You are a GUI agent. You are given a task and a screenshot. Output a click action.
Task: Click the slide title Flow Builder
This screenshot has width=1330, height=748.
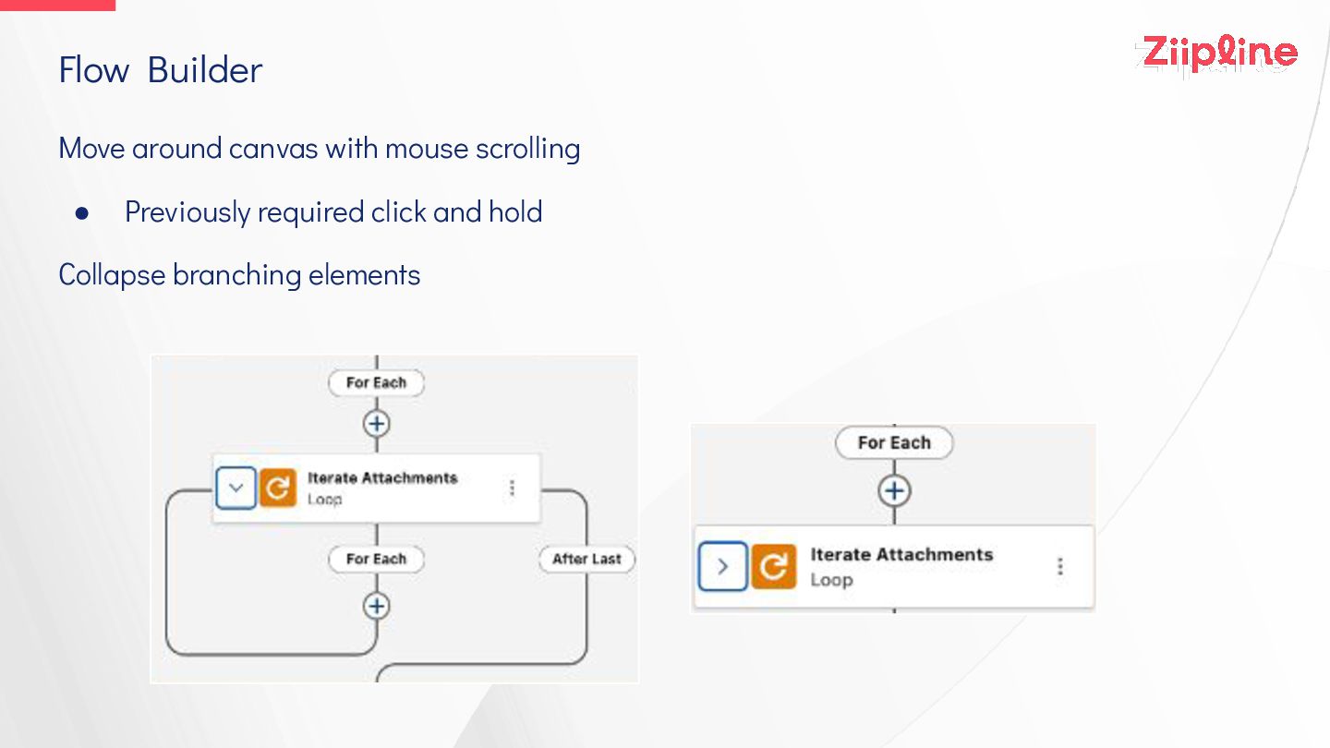coord(161,70)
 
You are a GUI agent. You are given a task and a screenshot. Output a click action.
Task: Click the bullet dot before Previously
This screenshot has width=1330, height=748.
coord(82,213)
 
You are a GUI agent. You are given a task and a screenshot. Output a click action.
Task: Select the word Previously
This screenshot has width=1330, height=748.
coord(187,212)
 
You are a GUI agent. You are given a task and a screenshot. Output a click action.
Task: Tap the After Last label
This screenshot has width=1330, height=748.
coord(586,559)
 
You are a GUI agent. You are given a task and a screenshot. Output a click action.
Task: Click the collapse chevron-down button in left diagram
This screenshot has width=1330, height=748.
coord(236,489)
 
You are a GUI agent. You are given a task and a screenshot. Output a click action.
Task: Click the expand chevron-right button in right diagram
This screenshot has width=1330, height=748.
coord(723,566)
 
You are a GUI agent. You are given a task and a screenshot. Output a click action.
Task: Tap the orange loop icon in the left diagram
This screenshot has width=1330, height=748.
coord(277,489)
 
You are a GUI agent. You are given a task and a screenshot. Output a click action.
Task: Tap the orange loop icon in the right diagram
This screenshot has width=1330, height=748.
coord(773,566)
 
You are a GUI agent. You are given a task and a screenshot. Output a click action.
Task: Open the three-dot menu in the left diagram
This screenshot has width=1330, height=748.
coord(513,488)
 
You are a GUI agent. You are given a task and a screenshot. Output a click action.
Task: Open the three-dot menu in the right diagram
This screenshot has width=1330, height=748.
coord(1060,566)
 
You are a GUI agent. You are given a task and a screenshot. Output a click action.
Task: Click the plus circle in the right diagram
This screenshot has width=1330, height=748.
coord(893,490)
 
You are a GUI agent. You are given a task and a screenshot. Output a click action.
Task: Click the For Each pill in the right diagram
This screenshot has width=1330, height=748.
coord(893,443)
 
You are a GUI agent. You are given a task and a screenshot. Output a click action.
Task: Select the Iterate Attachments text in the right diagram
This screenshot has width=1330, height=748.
coord(901,555)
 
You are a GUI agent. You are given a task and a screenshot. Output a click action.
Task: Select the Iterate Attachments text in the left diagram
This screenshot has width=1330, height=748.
coord(382,478)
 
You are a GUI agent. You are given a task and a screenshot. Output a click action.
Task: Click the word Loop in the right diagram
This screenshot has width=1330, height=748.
coord(831,581)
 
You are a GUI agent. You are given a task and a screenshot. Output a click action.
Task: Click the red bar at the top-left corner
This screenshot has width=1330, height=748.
coord(57,5)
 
